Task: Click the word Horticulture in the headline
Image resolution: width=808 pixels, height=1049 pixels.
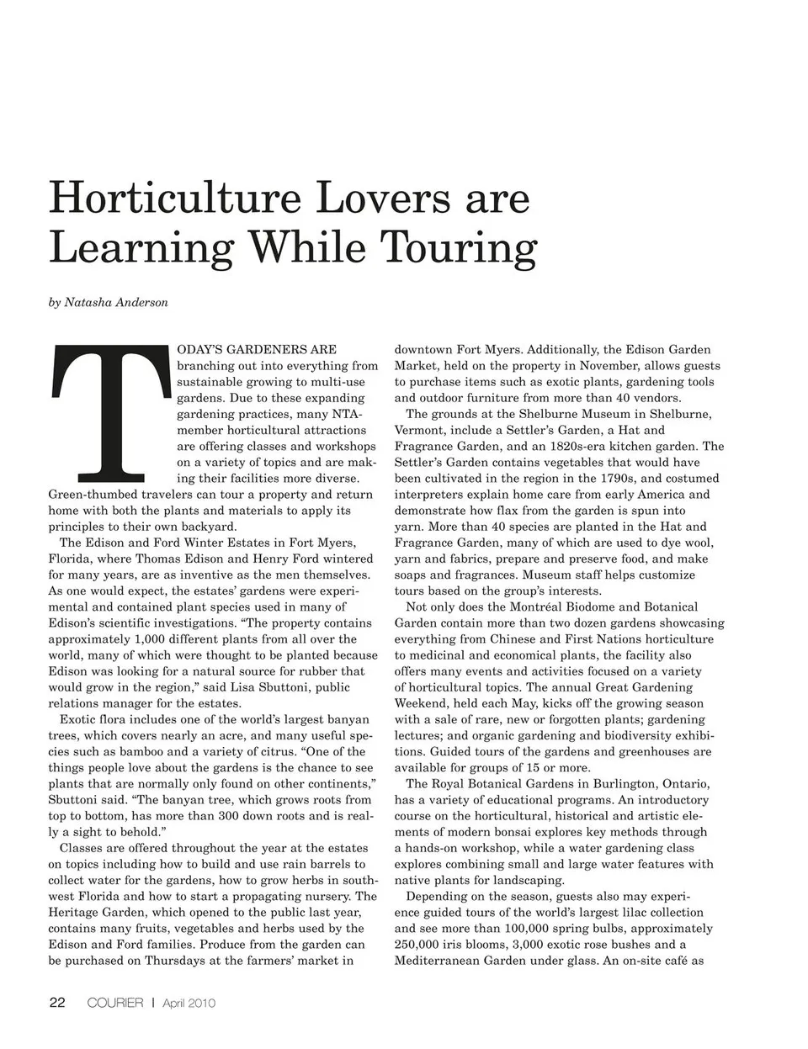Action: (x=174, y=199)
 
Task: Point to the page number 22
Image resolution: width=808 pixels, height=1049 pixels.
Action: (x=56, y=1003)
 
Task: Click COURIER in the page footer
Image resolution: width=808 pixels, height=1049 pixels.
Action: (x=115, y=1003)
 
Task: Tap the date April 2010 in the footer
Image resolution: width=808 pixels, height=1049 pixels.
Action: (x=189, y=1003)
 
